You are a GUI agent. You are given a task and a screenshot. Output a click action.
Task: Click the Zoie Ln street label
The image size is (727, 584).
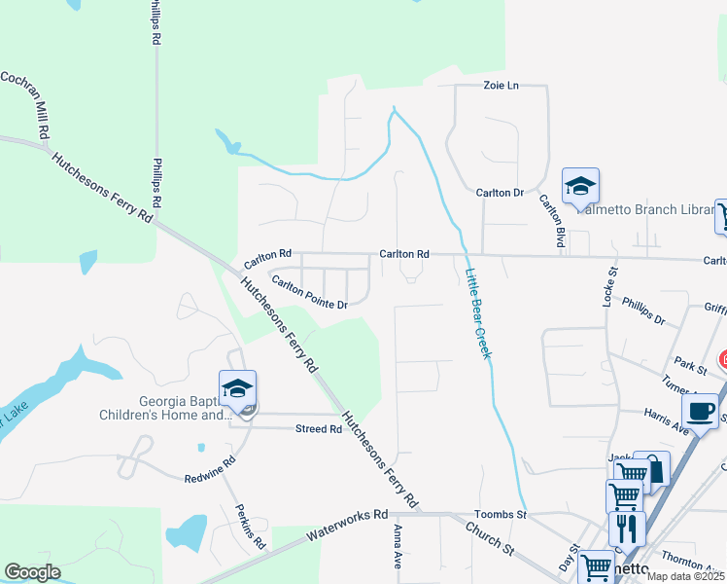pos(501,86)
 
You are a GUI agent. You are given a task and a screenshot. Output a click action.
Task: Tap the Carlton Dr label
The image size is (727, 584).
pos(500,193)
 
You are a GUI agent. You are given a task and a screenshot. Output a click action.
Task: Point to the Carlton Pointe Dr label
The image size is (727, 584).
pos(309,293)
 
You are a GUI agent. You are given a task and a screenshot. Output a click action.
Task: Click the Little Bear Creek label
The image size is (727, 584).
pos(477,313)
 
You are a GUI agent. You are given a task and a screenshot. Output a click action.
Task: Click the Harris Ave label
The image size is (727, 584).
pos(666,420)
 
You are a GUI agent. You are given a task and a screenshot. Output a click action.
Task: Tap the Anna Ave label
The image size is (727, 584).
pos(398,547)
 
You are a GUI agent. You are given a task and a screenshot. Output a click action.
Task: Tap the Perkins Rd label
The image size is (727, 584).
pos(249,526)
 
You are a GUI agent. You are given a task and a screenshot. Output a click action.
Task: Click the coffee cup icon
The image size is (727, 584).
pos(700,410)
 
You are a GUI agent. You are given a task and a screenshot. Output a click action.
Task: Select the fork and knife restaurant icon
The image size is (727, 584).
pos(627,529)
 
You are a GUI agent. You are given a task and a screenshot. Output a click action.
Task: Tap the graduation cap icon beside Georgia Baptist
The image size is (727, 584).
pos(238,388)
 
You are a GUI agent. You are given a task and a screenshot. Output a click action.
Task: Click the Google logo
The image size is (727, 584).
pos(32,572)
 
